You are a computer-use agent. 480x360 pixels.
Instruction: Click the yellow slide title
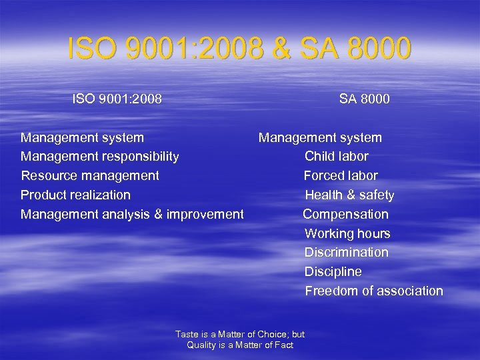coord(239,49)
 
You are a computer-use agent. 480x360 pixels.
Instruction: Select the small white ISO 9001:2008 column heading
coord(117,99)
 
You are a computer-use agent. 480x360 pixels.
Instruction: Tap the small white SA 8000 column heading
coord(364,99)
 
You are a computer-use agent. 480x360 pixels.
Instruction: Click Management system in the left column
coord(82,138)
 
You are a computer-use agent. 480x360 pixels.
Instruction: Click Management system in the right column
coord(320,138)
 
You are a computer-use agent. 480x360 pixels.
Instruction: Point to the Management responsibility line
coord(99,157)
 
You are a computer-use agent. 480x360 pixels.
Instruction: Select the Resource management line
coord(90,176)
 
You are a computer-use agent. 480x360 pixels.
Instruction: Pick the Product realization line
coord(75,195)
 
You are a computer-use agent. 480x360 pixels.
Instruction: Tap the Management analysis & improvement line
coord(132,215)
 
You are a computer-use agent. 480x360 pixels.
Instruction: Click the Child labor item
coord(336,157)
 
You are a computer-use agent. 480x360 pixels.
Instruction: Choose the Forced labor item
coord(341,176)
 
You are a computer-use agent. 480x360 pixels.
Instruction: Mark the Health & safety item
coord(349,195)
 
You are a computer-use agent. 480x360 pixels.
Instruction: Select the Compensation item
coord(345,215)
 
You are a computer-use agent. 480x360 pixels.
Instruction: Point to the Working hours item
coord(347,234)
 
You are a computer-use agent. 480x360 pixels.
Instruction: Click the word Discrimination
coord(346,253)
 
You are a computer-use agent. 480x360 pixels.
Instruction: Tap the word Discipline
coord(333,272)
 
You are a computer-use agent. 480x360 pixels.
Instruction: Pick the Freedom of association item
coord(373,291)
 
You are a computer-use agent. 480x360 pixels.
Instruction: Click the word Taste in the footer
coord(187,335)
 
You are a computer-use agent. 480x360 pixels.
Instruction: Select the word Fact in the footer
coord(284,345)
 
